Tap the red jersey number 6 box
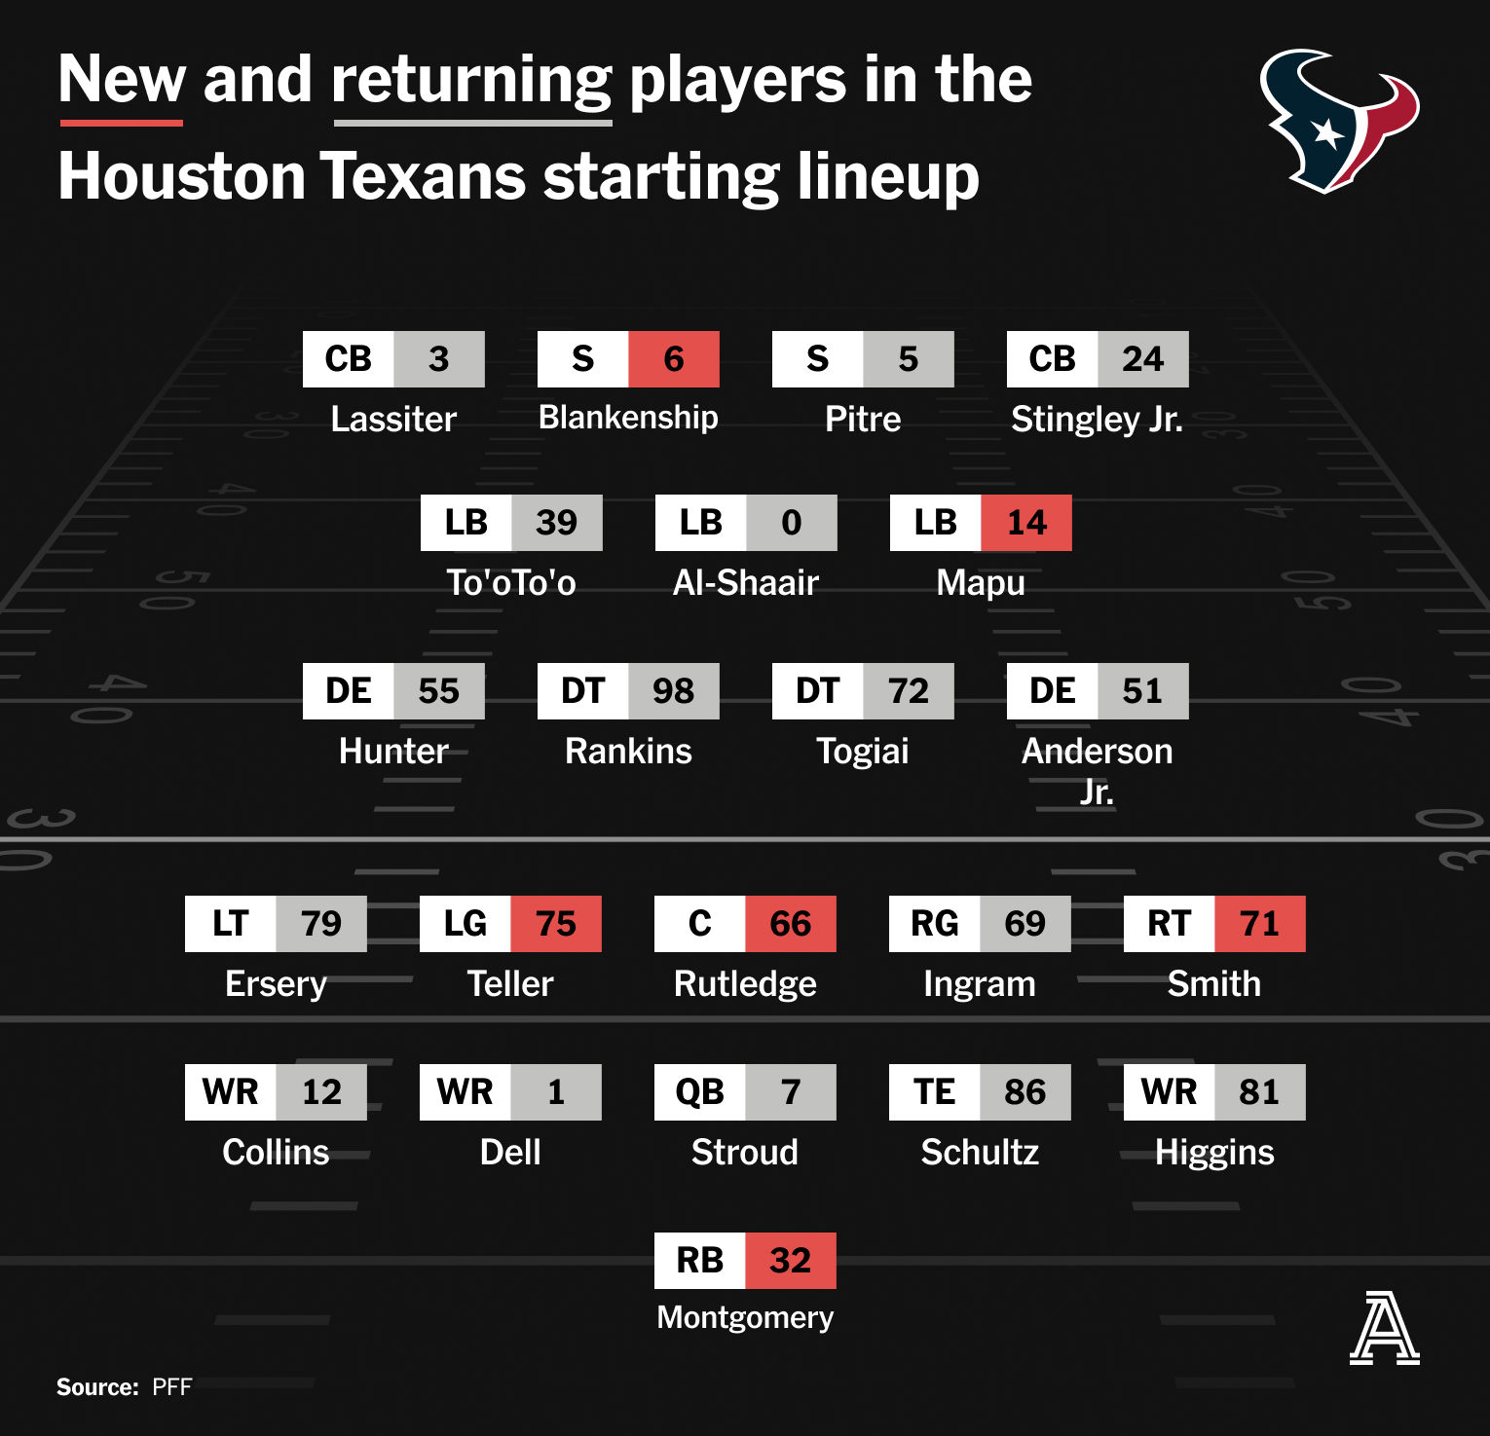click(x=674, y=359)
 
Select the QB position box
click(x=700, y=1092)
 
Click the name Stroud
click(x=745, y=1152)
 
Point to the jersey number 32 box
click(x=791, y=1261)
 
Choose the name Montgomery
click(x=745, y=1317)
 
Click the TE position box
click(x=935, y=1092)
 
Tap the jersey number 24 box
click(x=1143, y=359)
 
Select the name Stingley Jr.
click(x=1098, y=419)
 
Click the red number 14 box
click(x=1026, y=523)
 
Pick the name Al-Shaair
click(x=746, y=582)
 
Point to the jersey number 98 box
click(x=674, y=691)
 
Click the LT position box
click(x=231, y=924)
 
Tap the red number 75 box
click(x=556, y=924)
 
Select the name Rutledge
click(x=745, y=983)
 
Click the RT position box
click(x=1170, y=924)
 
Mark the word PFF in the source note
click(x=172, y=1387)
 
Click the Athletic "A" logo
click(x=1384, y=1327)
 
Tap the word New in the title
click(x=122, y=79)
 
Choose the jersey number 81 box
click(x=1260, y=1092)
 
